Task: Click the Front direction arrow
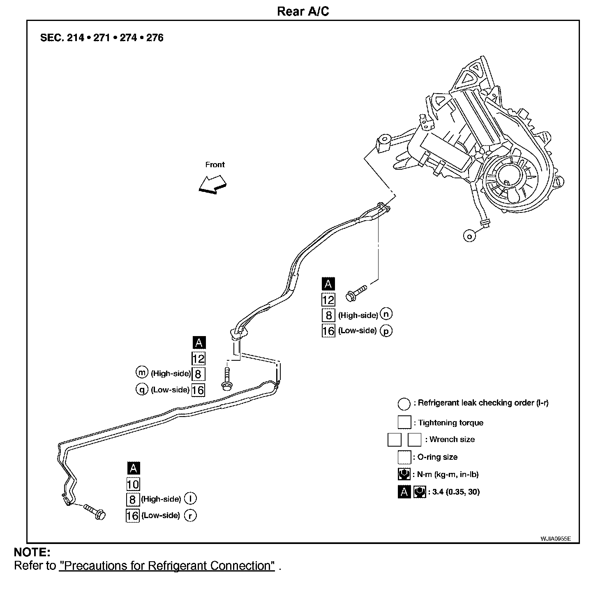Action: coord(212,184)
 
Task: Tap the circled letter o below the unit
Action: coord(469,236)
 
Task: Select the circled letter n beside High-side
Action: coord(386,314)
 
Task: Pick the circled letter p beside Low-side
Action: coord(386,331)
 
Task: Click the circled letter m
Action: coord(142,373)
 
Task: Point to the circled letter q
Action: coord(142,389)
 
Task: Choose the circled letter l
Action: coord(190,498)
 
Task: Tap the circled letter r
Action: coord(190,515)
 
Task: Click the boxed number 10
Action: coord(133,484)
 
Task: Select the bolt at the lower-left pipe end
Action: coord(95,511)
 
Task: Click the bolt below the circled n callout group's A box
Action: coord(356,292)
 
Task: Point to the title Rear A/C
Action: coord(303,11)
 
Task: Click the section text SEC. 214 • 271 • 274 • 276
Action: coord(102,38)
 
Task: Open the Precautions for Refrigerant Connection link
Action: coord(167,566)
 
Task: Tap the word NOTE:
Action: coord(32,552)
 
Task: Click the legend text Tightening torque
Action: coord(450,423)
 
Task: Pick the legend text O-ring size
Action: coord(437,457)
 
